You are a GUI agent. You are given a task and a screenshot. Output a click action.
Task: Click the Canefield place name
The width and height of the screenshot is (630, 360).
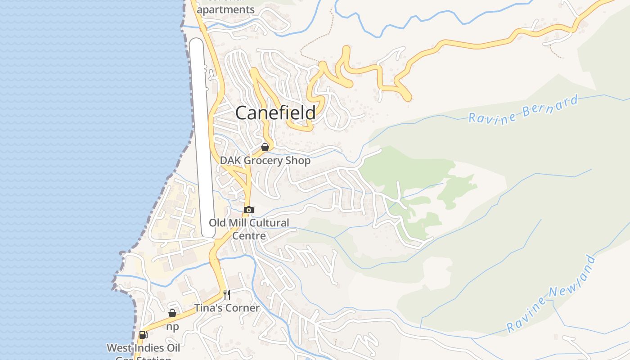(x=275, y=112)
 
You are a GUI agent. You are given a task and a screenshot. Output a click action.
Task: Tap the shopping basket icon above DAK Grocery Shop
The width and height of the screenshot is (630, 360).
(x=265, y=147)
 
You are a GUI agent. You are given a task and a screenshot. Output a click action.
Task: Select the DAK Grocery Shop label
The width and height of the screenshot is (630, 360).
(x=265, y=161)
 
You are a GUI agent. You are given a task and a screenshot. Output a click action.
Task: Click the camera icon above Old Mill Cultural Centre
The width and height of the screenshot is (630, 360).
(x=249, y=210)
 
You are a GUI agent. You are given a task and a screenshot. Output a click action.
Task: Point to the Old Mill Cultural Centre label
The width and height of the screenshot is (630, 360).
(x=249, y=229)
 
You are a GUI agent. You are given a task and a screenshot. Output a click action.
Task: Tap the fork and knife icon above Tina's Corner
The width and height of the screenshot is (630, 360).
(x=227, y=295)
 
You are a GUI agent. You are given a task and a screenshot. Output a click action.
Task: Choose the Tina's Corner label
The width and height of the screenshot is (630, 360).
(x=227, y=308)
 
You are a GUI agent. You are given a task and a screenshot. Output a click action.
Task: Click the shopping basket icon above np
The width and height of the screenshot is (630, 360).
(x=172, y=313)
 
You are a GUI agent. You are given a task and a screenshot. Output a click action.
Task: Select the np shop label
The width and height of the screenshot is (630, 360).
(x=172, y=327)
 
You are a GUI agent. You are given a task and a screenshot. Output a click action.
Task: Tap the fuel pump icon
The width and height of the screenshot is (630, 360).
(x=143, y=334)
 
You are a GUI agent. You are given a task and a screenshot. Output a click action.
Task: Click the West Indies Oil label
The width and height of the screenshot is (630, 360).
(x=143, y=348)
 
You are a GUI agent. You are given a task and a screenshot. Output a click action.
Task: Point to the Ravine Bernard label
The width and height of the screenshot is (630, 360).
(x=523, y=109)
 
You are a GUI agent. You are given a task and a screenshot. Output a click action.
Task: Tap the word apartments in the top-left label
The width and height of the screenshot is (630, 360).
(x=226, y=9)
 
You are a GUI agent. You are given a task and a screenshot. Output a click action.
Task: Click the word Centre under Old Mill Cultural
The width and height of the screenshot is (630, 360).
(x=249, y=235)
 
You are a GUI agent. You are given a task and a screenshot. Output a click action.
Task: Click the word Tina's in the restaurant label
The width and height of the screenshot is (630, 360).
(x=209, y=308)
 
